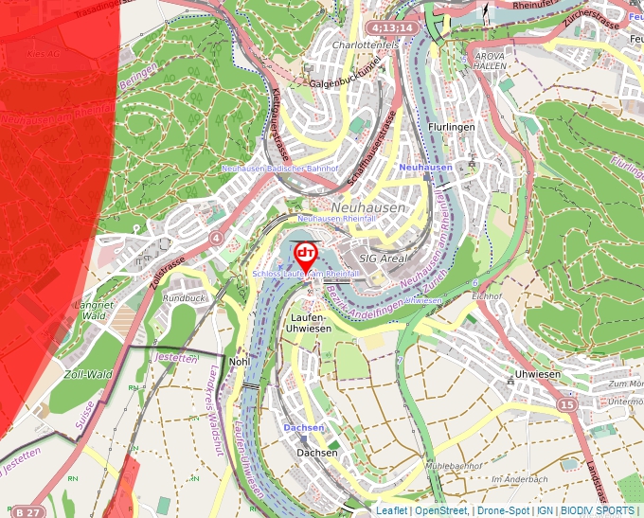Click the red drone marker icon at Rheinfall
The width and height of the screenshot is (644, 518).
pos(306,254)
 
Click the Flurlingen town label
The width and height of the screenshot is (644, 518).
pos(450,125)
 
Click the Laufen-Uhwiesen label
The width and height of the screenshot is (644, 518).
pos(308,322)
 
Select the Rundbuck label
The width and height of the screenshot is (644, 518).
pos(184,297)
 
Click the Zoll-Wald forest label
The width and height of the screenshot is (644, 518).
pos(87,374)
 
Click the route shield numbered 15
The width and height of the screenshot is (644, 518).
pos(566,404)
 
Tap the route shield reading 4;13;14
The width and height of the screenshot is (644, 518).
pos(393,28)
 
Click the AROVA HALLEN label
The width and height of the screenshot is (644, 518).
pos(490,62)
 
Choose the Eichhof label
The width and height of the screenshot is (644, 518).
pos(486,296)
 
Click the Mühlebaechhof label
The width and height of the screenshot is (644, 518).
pos(454,466)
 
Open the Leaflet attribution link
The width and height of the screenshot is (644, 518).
pos(391,510)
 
